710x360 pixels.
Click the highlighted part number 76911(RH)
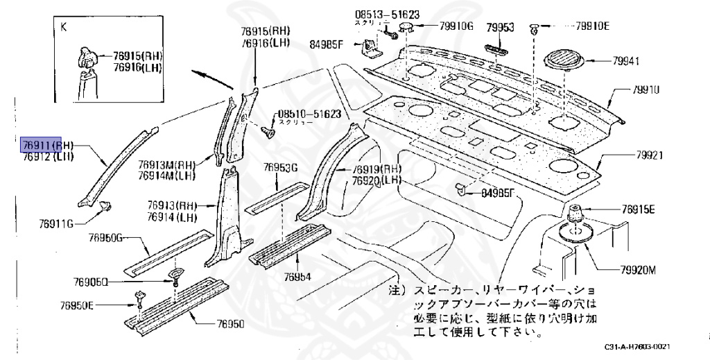(x=47, y=145)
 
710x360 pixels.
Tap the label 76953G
(x=280, y=167)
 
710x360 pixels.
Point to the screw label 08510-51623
(x=309, y=114)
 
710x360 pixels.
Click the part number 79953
(x=499, y=27)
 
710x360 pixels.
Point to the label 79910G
(x=456, y=27)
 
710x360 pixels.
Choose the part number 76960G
(x=105, y=238)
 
